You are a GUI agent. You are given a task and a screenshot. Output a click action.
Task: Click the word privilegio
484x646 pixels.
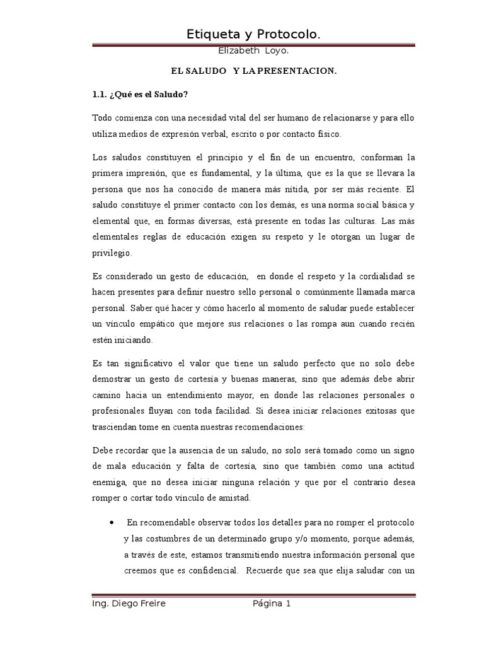pos(112,252)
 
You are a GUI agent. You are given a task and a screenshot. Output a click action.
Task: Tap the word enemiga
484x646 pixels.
pos(112,482)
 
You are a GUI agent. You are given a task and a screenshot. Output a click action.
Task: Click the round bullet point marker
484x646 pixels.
pos(112,522)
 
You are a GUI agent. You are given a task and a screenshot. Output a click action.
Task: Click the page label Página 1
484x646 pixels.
pos(272,604)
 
